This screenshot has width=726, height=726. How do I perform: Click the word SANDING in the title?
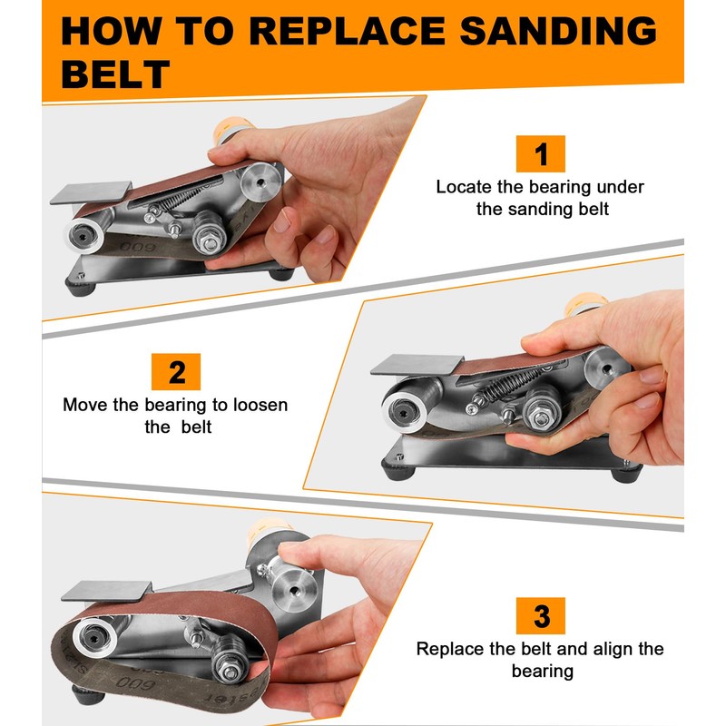point(557,31)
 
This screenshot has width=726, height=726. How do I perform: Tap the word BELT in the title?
point(115,74)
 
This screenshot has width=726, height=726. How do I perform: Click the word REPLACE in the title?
point(347,31)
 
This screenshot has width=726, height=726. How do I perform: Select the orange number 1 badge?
point(540,153)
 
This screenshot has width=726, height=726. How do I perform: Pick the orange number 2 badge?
point(176,372)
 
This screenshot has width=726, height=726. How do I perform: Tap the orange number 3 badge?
point(540,616)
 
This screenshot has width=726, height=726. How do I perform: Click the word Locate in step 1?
point(464,187)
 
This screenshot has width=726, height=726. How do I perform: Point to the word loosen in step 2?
point(260,405)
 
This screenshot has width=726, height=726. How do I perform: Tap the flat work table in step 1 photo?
point(91,192)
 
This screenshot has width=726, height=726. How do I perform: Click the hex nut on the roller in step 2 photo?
point(540,418)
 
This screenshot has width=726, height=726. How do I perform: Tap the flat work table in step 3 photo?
point(106,592)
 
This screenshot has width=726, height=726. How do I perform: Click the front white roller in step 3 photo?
point(95,638)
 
